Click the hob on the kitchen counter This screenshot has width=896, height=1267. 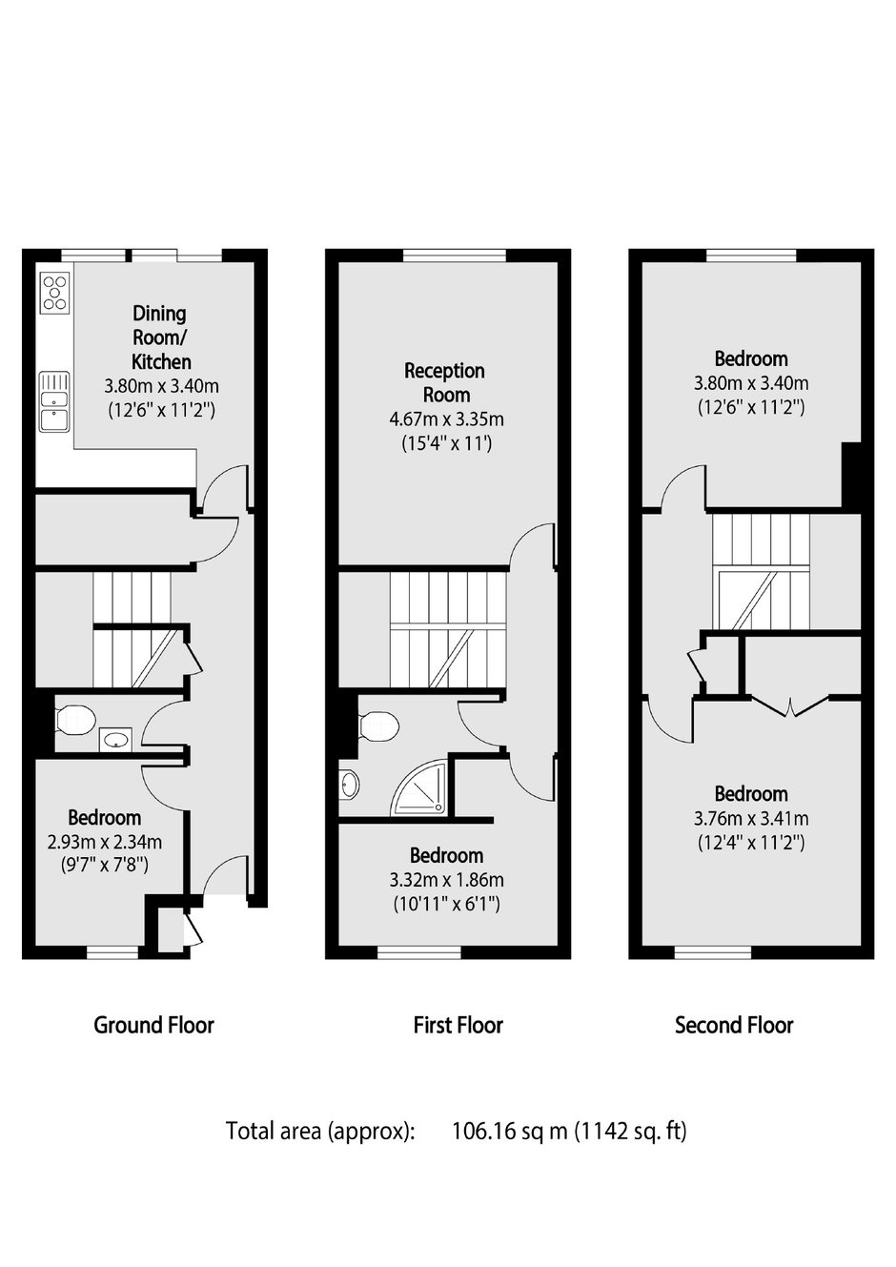55,293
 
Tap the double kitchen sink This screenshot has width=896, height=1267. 54,401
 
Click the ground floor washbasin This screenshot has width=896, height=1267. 116,739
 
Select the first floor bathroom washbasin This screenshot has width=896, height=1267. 349,785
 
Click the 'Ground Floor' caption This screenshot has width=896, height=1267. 153,1025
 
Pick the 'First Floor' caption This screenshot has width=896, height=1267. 458,1025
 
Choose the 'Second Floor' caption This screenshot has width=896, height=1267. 734,1025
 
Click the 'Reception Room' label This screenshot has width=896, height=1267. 445,382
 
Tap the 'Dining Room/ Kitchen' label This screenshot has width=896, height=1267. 161,337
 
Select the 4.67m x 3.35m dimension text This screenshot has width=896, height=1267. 447,419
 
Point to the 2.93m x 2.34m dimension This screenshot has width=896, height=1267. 105,842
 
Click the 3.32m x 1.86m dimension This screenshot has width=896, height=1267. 447,880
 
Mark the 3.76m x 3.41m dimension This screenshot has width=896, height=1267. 751,819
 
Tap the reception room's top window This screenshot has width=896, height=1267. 455,256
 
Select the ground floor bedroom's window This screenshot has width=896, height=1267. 112,953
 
